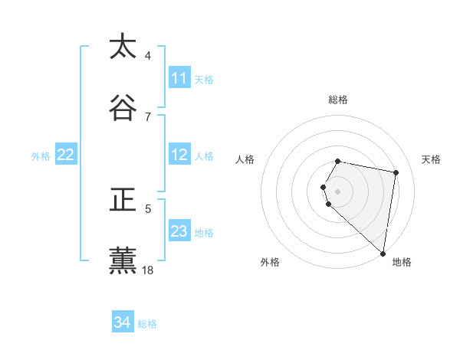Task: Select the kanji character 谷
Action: [123, 107]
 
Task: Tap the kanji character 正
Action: [123, 200]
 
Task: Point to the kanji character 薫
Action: [123, 261]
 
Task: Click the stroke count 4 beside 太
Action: [148, 56]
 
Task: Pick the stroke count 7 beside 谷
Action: [148, 116]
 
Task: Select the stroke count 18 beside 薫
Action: [148, 270]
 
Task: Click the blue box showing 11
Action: [179, 78]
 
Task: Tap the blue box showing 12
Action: [179, 155]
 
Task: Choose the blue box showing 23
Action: [179, 231]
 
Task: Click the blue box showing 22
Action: [66, 155]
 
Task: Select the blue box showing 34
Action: [123, 322]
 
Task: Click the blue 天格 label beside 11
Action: [204, 79]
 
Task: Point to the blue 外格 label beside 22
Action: [41, 155]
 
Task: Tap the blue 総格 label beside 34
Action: [147, 324]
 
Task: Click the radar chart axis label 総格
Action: [338, 100]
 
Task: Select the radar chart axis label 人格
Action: [245, 159]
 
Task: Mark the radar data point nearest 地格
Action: [383, 253]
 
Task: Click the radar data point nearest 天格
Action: [396, 172]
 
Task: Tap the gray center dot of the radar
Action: [338, 191]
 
